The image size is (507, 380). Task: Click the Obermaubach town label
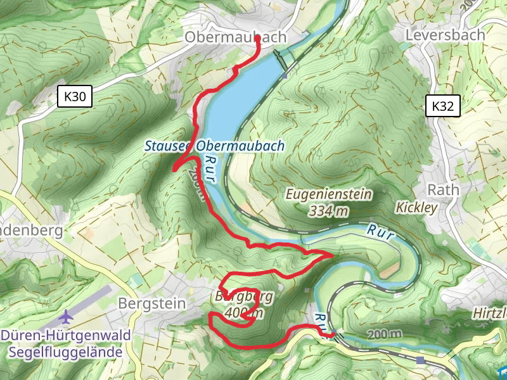pyautogui.click(x=235, y=38)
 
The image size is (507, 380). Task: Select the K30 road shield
pyautogui.click(x=75, y=97)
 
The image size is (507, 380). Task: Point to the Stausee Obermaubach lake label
pyautogui.click(x=214, y=146)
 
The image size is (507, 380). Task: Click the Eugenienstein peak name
pyautogui.click(x=328, y=194)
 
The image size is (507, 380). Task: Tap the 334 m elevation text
pyautogui.click(x=328, y=210)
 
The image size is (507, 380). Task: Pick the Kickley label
pyautogui.click(x=417, y=208)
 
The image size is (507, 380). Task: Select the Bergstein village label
pyautogui.click(x=152, y=303)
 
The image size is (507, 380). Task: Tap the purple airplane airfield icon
pyautogui.click(x=66, y=315)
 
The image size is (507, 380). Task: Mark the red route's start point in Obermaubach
pyautogui.click(x=258, y=39)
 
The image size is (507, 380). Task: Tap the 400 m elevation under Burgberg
pyautogui.click(x=244, y=312)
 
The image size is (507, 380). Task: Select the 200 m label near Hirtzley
pyautogui.click(x=383, y=334)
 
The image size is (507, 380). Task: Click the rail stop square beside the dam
pyautogui.click(x=286, y=75)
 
